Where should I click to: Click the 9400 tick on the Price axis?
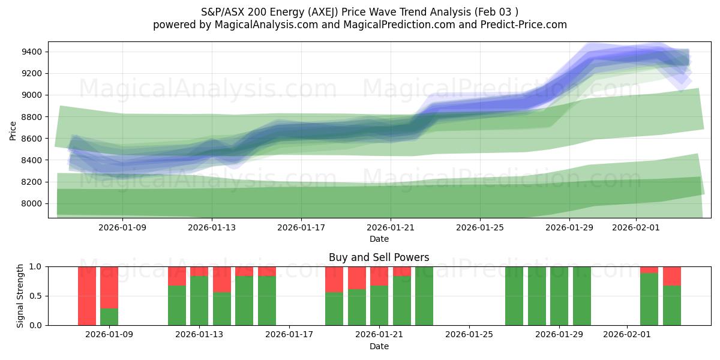pyautogui.click(x=31, y=52)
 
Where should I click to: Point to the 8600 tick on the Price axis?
pyautogui.click(x=31, y=139)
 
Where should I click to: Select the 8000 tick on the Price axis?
pyautogui.click(x=31, y=203)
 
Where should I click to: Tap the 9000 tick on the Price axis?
pyautogui.click(x=31, y=95)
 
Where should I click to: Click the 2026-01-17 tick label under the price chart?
pyautogui.click(x=301, y=227)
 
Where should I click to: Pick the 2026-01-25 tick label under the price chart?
pyautogui.click(x=479, y=227)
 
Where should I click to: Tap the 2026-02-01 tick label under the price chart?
pyautogui.click(x=636, y=227)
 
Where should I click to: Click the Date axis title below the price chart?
pyautogui.click(x=379, y=239)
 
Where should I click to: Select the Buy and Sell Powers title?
pyautogui.click(x=379, y=257)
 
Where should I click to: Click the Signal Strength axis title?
pyautogui.click(x=20, y=295)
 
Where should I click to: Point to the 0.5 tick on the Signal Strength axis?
pyautogui.click(x=35, y=296)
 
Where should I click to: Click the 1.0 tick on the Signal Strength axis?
pyautogui.click(x=35, y=266)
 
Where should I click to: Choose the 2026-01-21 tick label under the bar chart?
pyautogui.click(x=379, y=335)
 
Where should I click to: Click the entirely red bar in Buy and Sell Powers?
pyautogui.click(x=87, y=296)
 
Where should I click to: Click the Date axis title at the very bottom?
pyautogui.click(x=379, y=346)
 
